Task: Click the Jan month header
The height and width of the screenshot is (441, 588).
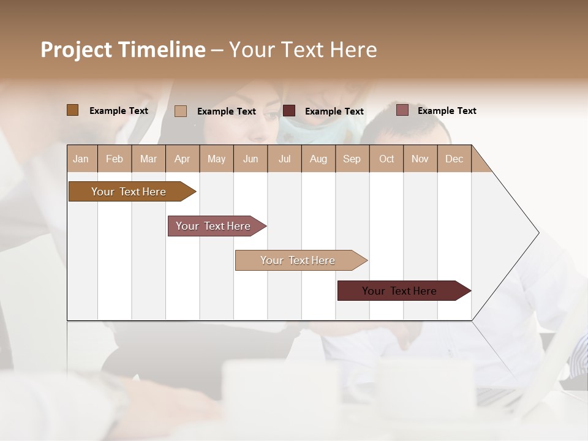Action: point(81,159)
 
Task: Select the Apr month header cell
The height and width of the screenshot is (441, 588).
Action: point(183,159)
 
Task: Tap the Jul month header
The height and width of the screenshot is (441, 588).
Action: point(284,159)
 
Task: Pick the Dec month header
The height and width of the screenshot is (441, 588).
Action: point(454,159)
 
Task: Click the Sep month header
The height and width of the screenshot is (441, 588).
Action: point(352,159)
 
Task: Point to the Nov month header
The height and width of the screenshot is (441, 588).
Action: point(420,159)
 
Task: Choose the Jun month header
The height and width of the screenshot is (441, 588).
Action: point(251,159)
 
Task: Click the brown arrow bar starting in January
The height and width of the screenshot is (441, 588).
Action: point(129,192)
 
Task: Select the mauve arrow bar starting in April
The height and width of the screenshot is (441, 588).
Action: point(214,226)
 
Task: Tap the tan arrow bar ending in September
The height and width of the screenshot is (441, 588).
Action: point(298,260)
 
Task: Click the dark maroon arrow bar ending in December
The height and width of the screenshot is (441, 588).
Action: point(400,291)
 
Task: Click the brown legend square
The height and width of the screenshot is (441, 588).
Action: point(72,110)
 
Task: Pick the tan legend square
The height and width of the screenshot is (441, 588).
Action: point(180,111)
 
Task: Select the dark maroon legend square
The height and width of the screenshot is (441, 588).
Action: point(289,110)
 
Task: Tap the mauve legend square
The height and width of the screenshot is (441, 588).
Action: point(402,110)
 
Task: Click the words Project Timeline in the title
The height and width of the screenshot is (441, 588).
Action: point(123,50)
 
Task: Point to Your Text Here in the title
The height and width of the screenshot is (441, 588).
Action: point(303,50)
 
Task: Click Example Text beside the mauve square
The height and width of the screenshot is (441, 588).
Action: point(447,111)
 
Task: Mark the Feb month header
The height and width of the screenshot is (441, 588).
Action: point(115,159)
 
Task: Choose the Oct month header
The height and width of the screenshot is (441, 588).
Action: point(386,159)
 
